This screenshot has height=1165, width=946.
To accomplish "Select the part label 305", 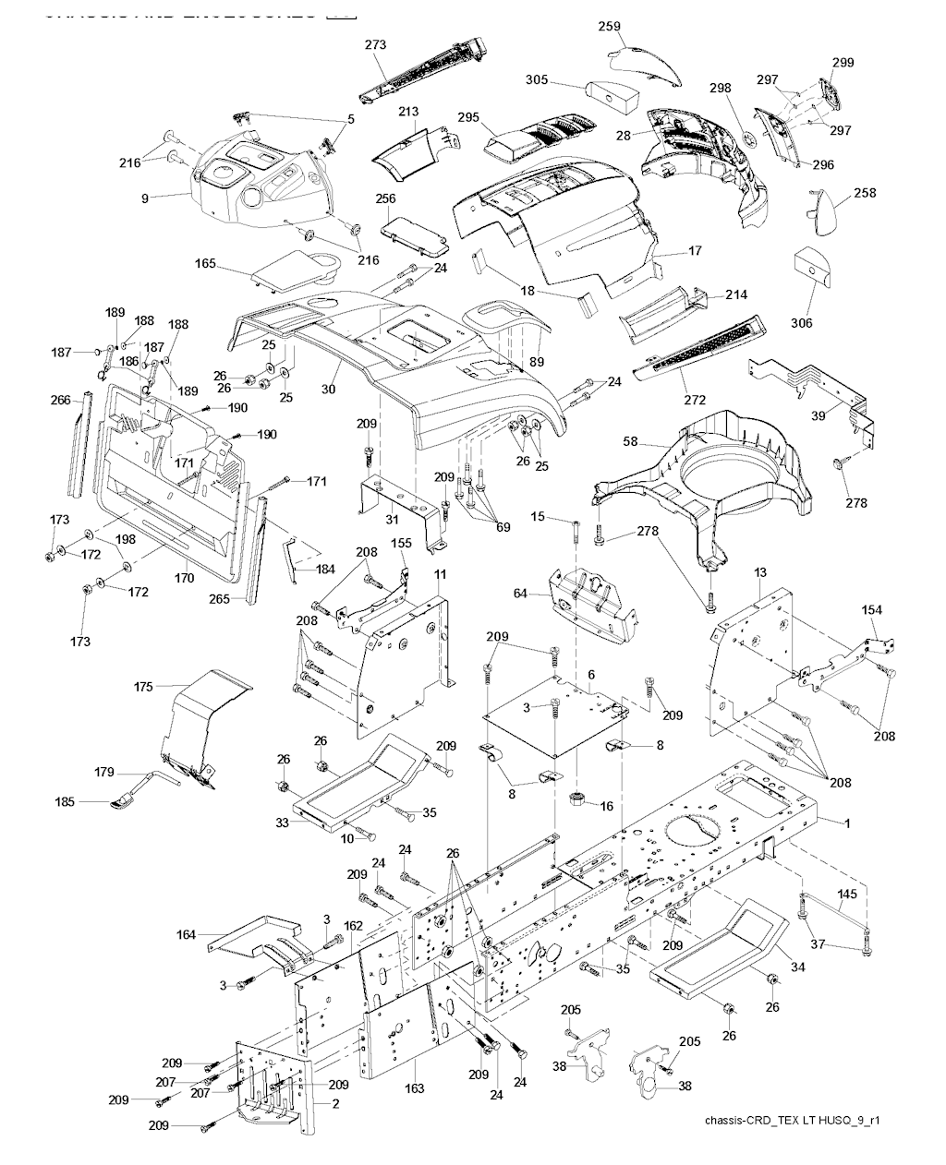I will pyautogui.click(x=537, y=80).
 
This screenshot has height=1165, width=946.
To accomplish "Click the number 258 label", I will pyautogui.click(x=865, y=193).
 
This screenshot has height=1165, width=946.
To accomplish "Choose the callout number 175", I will pyautogui.click(x=143, y=686).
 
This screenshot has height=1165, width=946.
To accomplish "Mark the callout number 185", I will pyautogui.click(x=91, y=802).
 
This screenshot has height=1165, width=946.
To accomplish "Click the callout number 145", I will pyautogui.click(x=847, y=894).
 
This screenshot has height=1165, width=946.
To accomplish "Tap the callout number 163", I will pyautogui.click(x=414, y=1088).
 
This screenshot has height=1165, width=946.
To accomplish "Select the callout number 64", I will pyautogui.click(x=520, y=593).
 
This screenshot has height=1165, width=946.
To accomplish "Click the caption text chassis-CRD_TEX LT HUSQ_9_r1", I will pyautogui.click(x=790, y=1121).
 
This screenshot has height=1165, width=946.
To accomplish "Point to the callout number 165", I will pyautogui.click(x=205, y=264).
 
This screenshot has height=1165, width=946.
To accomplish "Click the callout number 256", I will pyautogui.click(x=386, y=198).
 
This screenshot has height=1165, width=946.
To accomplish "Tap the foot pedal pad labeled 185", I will pyautogui.click(x=121, y=804).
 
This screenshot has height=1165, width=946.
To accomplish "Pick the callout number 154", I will pyautogui.click(x=871, y=610).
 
